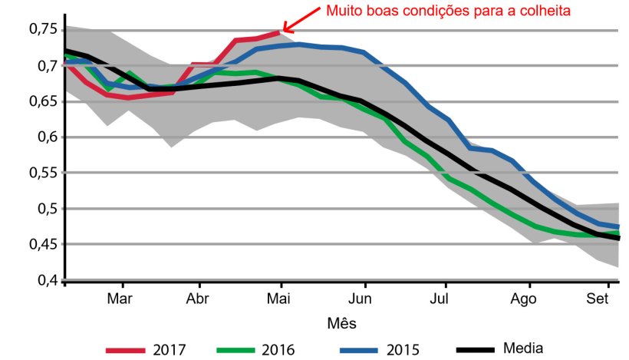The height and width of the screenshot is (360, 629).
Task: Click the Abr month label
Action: point(199,298)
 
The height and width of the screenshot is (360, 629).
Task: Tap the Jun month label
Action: point(362,298)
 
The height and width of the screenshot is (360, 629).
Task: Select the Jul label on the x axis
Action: point(440,298)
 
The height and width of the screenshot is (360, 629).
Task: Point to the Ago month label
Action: point(524,298)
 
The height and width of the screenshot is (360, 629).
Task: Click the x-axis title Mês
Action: point(343,322)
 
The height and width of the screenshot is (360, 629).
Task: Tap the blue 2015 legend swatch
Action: point(360,349)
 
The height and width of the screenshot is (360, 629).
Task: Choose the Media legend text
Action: point(524,348)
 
